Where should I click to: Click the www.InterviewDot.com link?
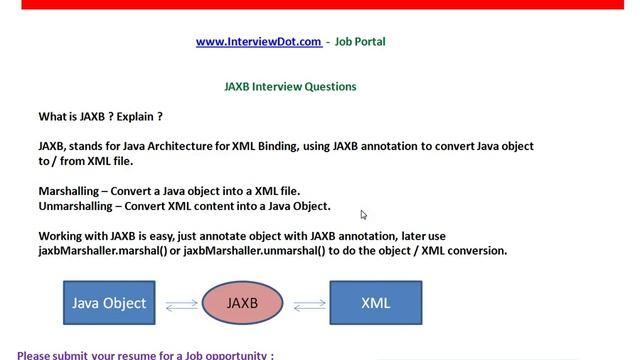tap(258, 42)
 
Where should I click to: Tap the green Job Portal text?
tap(359, 42)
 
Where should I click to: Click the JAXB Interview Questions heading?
tap(290, 87)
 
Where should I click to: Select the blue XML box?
tap(375, 302)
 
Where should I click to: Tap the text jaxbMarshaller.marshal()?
tap(101, 250)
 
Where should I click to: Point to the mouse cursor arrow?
tap(364, 214)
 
